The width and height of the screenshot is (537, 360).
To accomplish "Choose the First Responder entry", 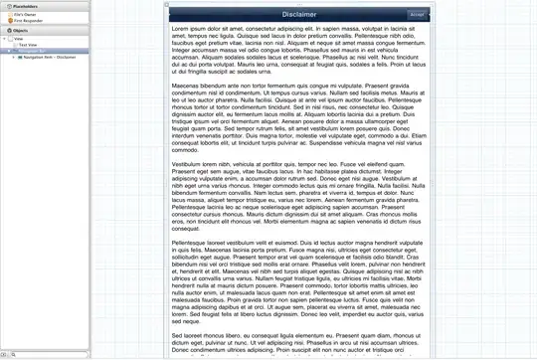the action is [x=28, y=19].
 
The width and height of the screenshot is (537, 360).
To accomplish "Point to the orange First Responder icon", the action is [x=10, y=19].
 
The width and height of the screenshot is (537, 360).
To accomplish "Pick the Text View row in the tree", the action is [x=29, y=45].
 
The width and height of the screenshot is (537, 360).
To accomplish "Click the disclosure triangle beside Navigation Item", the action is [x=14, y=57].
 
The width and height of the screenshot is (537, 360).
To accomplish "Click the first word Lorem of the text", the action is [x=182, y=29].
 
